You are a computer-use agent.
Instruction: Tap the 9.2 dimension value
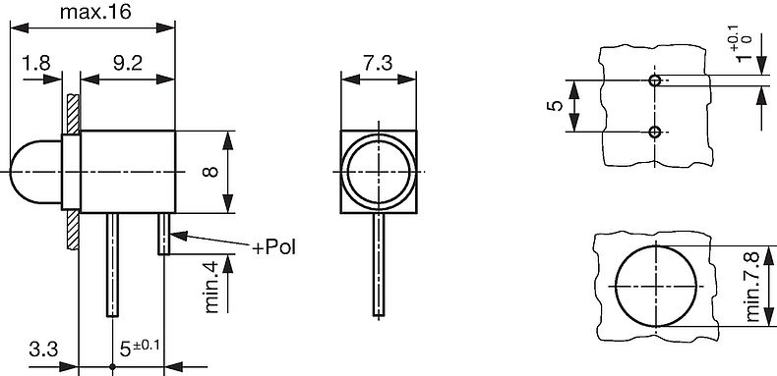coord(126,63)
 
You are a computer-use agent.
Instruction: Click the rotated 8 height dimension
coord(209,172)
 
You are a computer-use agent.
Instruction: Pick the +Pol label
coord(273,247)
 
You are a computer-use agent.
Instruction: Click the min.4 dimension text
coord(209,288)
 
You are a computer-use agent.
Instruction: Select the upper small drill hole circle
coord(655,80)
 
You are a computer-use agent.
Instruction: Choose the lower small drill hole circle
coord(655,132)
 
